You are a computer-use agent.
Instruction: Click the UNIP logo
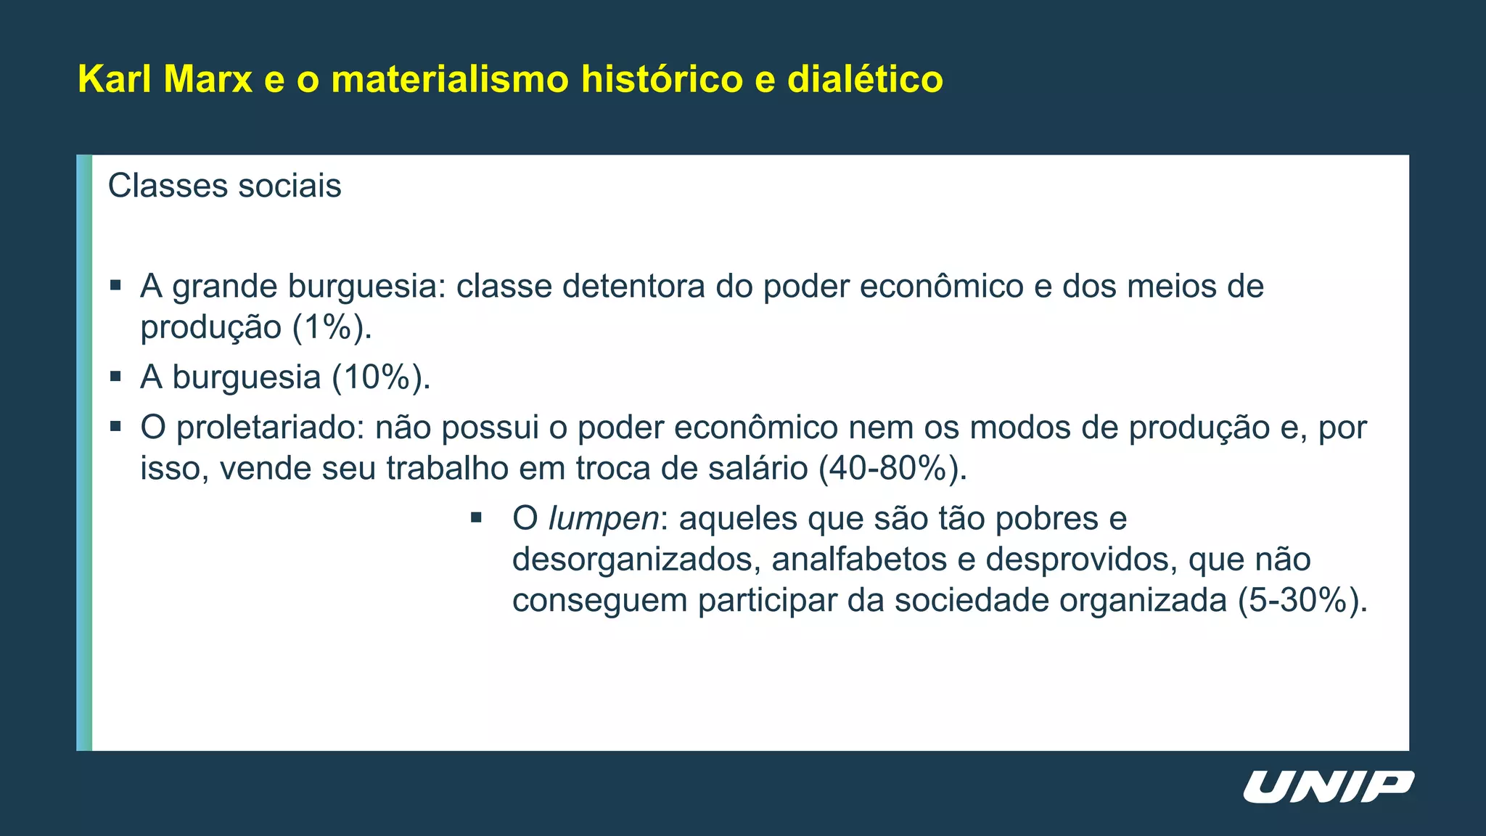coord(1329,787)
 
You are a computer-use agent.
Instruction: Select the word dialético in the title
coord(865,79)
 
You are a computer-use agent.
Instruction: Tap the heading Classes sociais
coord(224,186)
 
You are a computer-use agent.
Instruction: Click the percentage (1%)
coord(332,327)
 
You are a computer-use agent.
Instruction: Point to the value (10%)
coord(381,377)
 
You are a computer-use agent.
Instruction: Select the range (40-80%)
coord(892,468)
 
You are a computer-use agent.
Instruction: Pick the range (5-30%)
coord(1302,601)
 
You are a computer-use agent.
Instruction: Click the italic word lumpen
coord(603,519)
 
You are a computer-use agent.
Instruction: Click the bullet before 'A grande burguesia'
coord(115,285)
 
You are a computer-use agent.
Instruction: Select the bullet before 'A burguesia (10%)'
coord(115,377)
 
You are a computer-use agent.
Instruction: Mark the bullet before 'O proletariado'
coord(115,427)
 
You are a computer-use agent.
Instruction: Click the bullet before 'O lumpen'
coord(476,517)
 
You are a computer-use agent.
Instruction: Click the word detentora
coord(633,287)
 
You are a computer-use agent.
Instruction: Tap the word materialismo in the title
coord(450,79)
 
